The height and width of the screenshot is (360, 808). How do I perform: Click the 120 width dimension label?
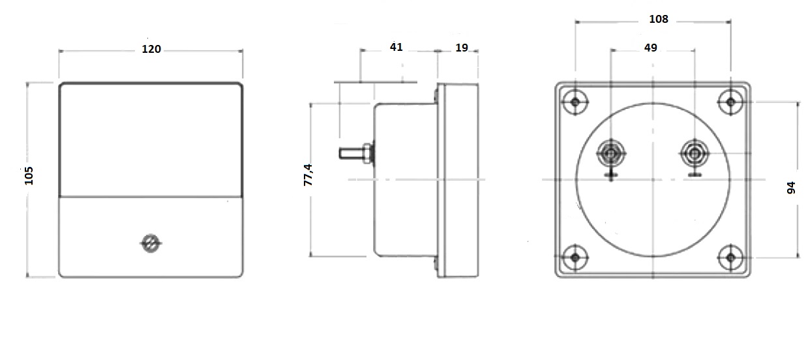pyautogui.click(x=151, y=50)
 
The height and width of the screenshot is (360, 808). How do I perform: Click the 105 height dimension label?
pyautogui.click(x=29, y=175)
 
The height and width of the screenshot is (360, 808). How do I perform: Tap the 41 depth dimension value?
pyautogui.click(x=397, y=47)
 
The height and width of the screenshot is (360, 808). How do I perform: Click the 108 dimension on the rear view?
pyautogui.click(x=659, y=20)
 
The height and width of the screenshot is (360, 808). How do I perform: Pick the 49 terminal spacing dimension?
pyautogui.click(x=650, y=48)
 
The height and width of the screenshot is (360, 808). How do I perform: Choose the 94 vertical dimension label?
pyautogui.click(x=792, y=188)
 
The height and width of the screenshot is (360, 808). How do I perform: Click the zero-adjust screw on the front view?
pyautogui.click(x=151, y=243)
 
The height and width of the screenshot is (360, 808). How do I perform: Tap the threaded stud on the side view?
pyautogui.click(x=351, y=154)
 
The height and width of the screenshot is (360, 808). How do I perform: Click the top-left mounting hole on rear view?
pyautogui.click(x=575, y=102)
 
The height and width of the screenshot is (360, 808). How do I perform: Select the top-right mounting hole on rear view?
pyautogui.click(x=731, y=102)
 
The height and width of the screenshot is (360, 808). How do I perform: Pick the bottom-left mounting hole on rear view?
pyautogui.click(x=575, y=258)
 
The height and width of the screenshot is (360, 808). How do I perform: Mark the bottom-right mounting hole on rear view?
pyautogui.click(x=731, y=258)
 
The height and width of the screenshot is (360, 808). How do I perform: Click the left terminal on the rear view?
pyautogui.click(x=611, y=154)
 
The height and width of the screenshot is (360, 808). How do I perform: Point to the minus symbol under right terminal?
pyautogui.click(x=695, y=175)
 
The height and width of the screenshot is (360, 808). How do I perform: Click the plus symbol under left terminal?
pyautogui.click(x=611, y=175)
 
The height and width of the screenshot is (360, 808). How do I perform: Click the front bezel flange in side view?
pyautogui.click(x=458, y=181)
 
